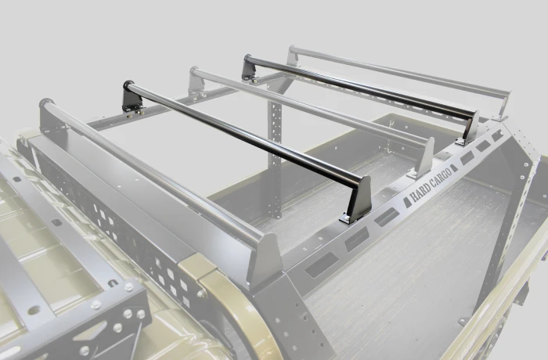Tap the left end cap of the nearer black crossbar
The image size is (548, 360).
128,85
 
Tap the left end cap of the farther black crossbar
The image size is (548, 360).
248,59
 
